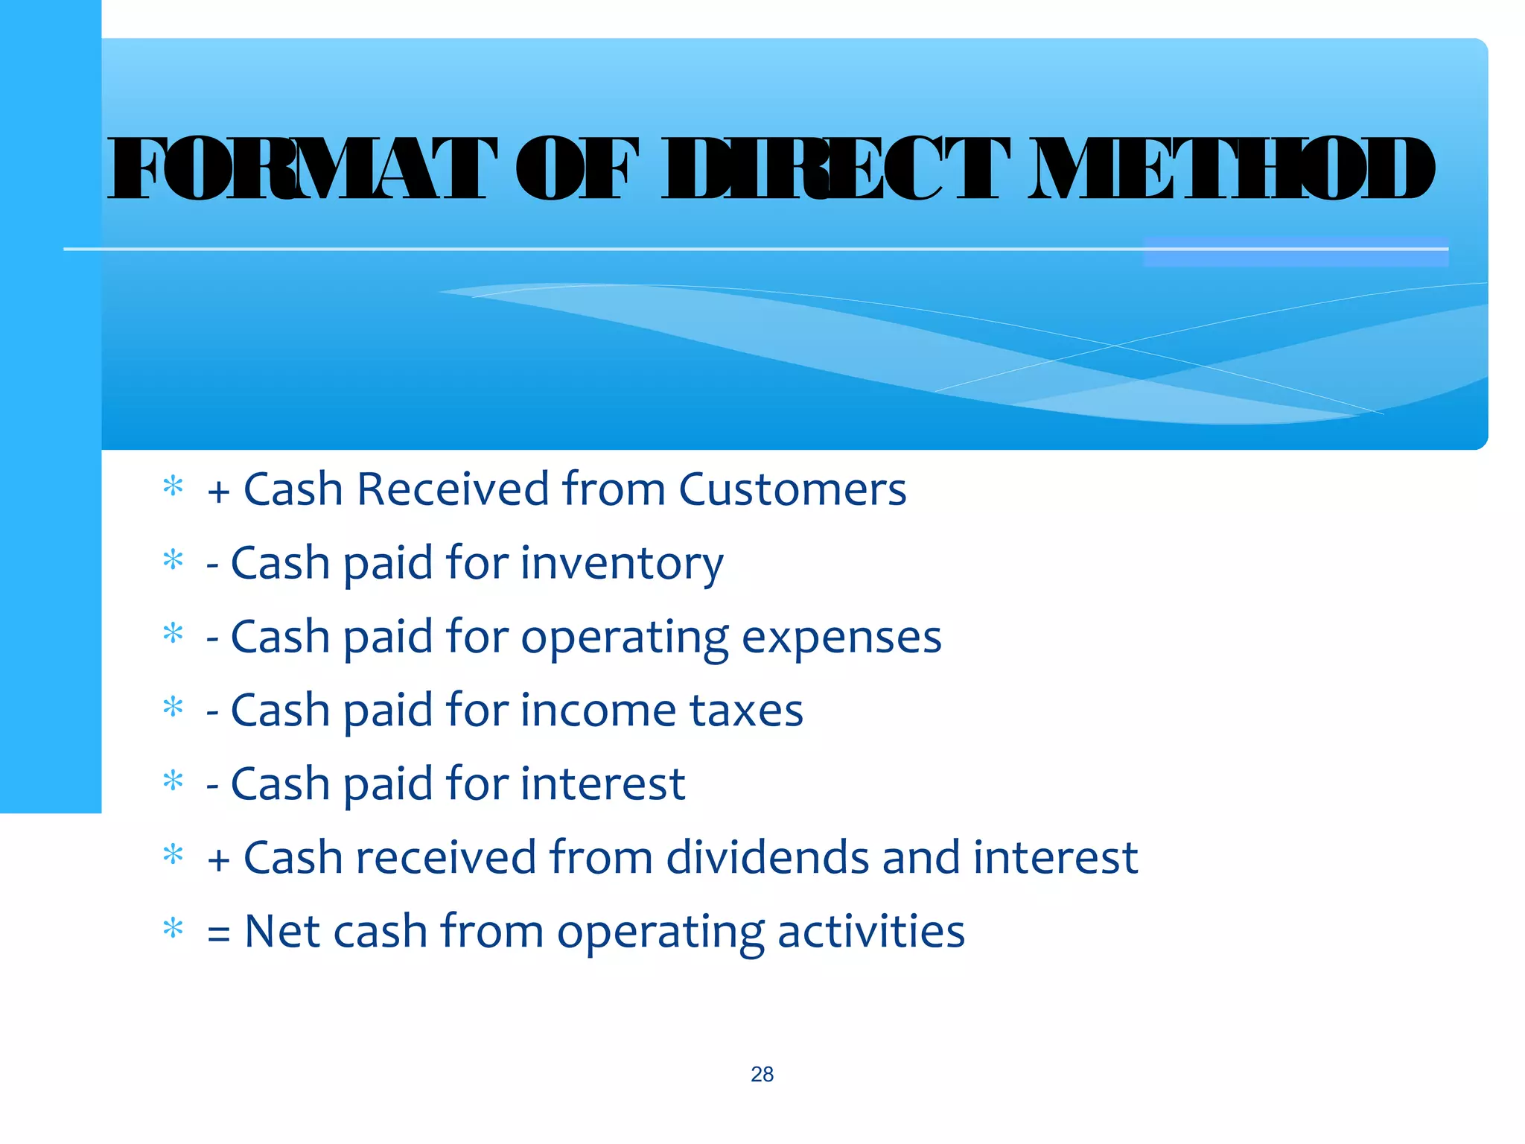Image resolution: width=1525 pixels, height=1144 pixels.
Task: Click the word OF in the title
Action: (x=577, y=169)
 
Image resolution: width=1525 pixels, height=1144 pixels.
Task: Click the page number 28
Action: (x=762, y=1074)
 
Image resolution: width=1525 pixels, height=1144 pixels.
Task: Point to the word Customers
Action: (x=792, y=489)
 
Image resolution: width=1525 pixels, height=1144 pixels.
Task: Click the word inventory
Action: (x=622, y=564)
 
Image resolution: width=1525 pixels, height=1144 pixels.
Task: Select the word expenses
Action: (x=841, y=638)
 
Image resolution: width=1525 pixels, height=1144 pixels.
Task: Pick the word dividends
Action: (x=767, y=857)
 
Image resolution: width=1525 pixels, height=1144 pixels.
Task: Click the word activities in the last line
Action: (x=870, y=931)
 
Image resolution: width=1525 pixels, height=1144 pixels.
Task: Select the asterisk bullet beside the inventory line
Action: (x=173, y=560)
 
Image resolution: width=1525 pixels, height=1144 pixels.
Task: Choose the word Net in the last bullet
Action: (x=282, y=931)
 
